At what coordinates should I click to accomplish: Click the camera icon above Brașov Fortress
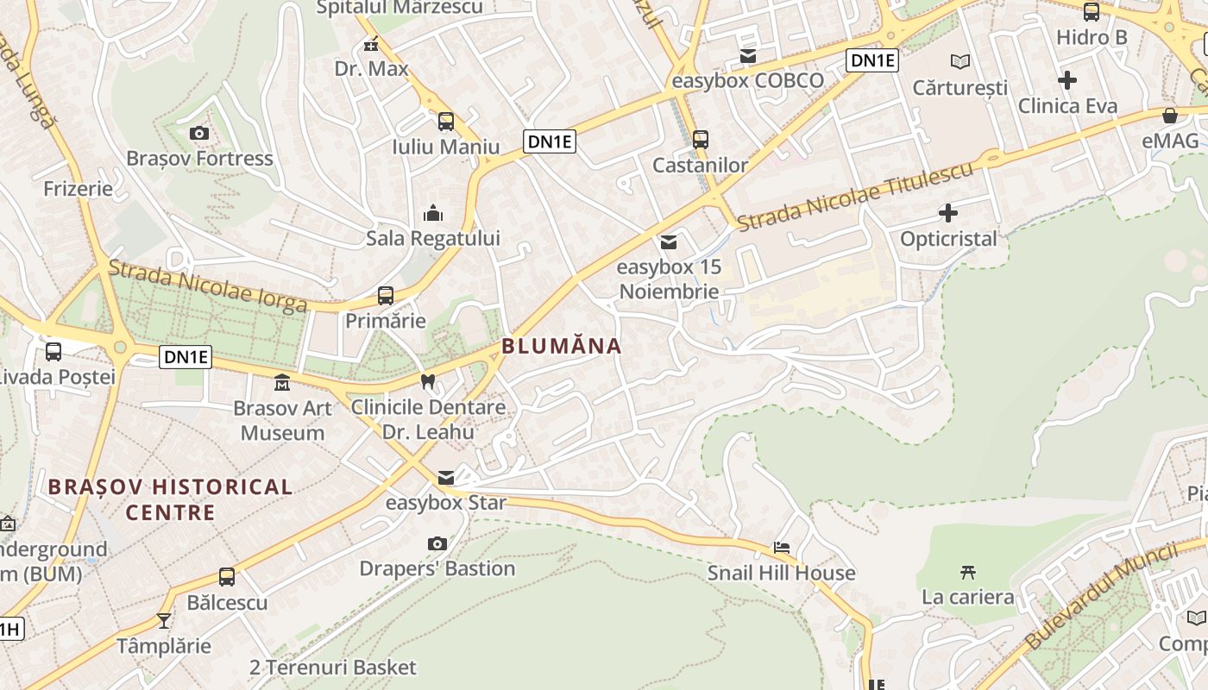click(x=199, y=133)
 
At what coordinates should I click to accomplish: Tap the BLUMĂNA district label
click(x=561, y=347)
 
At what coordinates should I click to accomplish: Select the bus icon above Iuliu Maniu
click(x=445, y=122)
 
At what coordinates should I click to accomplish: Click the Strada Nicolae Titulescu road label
click(x=855, y=195)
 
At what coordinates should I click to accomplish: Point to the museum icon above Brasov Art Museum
click(x=282, y=382)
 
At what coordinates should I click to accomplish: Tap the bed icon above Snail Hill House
click(x=782, y=548)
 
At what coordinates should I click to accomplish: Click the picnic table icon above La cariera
click(x=967, y=571)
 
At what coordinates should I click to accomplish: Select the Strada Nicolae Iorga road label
click(x=207, y=286)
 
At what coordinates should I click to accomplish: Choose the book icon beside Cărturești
click(x=959, y=61)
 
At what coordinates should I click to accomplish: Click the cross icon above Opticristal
click(x=948, y=212)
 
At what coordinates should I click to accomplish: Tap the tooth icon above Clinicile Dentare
click(x=427, y=381)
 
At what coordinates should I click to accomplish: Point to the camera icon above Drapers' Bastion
click(x=437, y=543)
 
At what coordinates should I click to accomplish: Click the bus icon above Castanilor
click(x=701, y=139)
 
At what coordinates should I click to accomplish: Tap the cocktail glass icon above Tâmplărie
click(x=164, y=620)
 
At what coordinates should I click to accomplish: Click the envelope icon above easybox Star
click(x=446, y=478)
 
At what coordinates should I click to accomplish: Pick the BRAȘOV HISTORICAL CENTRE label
click(x=170, y=499)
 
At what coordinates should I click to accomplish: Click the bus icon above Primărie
click(x=386, y=296)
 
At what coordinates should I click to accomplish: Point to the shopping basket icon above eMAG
click(x=1170, y=116)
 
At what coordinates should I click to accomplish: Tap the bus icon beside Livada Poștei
click(x=53, y=351)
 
